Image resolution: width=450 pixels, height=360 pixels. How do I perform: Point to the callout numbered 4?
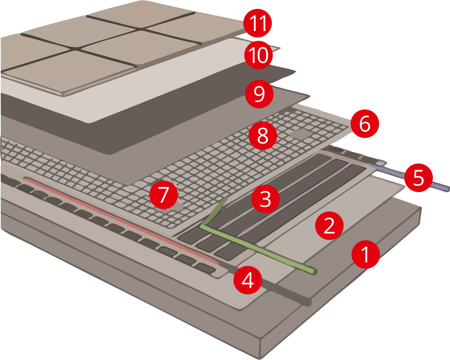247,281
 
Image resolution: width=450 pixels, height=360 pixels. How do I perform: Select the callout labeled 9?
259,94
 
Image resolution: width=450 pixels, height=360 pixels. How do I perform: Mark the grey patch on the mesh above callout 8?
299,133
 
